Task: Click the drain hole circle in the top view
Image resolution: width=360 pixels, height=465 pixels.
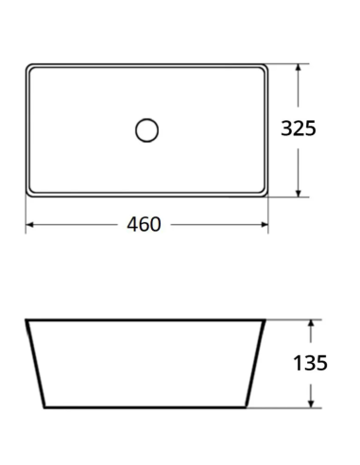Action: point(146,129)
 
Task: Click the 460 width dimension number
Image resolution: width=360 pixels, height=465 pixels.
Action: point(144,225)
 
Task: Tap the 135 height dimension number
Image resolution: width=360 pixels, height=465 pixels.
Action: point(310,363)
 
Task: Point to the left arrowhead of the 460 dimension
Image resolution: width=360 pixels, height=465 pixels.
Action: point(29,225)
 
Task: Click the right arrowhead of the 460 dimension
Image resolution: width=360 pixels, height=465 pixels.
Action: point(265,225)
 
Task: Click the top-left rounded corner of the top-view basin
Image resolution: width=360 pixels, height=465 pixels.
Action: point(29,68)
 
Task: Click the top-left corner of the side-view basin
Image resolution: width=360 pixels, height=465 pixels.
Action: point(26,320)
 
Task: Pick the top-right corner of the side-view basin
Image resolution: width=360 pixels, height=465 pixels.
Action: point(266,320)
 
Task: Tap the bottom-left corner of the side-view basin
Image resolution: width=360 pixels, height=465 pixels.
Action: point(43,407)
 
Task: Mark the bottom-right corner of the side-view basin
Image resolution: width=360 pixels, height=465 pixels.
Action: point(250,407)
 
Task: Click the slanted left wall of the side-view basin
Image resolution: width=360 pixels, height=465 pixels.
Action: point(35,364)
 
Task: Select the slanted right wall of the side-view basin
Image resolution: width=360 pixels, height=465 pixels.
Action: point(259,364)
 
